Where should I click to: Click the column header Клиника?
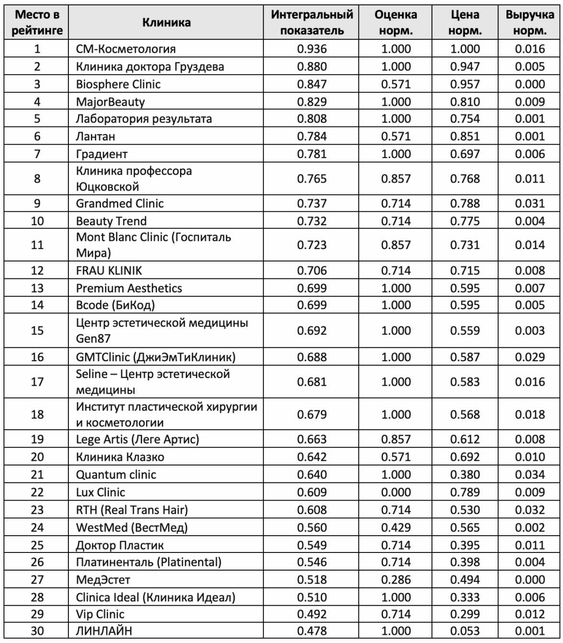click(x=166, y=23)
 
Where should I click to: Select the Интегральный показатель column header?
click(x=312, y=23)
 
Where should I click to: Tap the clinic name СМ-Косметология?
click(x=126, y=49)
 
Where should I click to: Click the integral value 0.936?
click(x=312, y=49)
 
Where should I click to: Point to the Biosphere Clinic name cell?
click(x=118, y=84)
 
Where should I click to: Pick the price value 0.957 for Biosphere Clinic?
click(x=464, y=84)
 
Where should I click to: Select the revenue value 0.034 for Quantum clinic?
click(x=529, y=475)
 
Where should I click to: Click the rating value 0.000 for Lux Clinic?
click(x=395, y=492)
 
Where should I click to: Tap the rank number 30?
click(x=37, y=632)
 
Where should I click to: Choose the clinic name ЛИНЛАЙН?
click(x=104, y=632)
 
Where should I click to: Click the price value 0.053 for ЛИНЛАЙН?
click(x=464, y=632)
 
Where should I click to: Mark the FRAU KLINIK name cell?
click(x=109, y=271)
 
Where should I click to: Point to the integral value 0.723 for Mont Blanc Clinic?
click(x=312, y=245)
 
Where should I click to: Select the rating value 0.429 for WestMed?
click(x=395, y=528)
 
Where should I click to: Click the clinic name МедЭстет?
click(x=103, y=580)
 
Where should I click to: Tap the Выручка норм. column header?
click(x=529, y=23)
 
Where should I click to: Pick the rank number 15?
click(x=37, y=331)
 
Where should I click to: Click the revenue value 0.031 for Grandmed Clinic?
click(x=529, y=204)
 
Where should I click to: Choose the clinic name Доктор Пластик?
click(x=120, y=545)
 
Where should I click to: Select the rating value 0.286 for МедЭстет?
click(x=395, y=580)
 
